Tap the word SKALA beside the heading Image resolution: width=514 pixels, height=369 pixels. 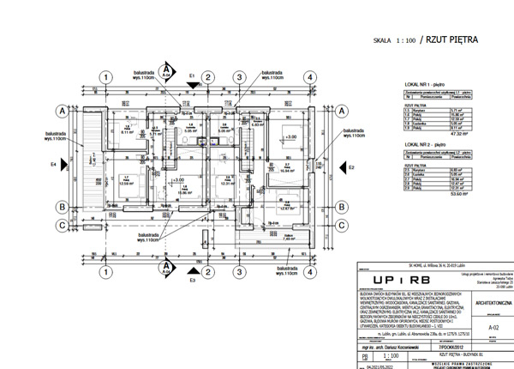tap(385, 39)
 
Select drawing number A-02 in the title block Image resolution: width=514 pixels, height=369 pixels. tap(492, 326)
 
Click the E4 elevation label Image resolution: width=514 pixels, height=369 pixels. tap(52, 163)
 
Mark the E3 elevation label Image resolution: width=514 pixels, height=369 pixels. tap(192, 280)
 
